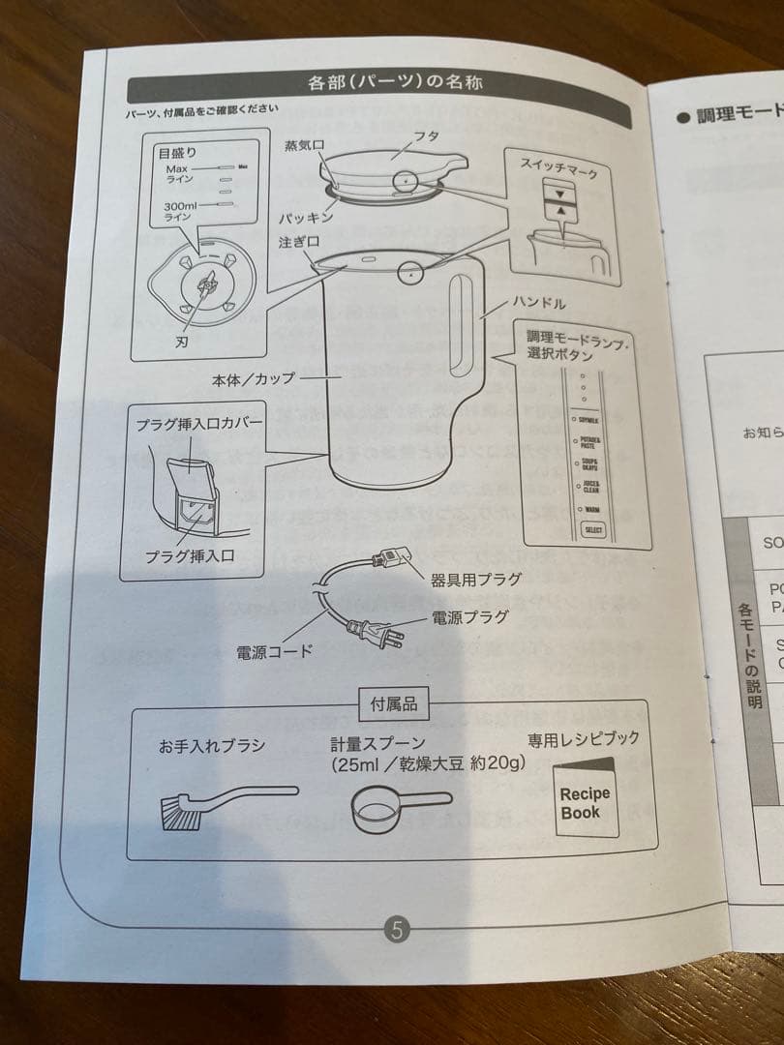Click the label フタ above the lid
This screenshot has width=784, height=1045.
click(x=427, y=136)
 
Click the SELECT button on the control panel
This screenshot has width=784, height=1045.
click(x=591, y=530)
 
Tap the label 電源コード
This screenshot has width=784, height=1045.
click(x=275, y=651)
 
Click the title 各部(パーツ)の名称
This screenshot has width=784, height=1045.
click(x=395, y=82)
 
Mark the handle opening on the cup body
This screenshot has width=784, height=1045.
click(x=461, y=321)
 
